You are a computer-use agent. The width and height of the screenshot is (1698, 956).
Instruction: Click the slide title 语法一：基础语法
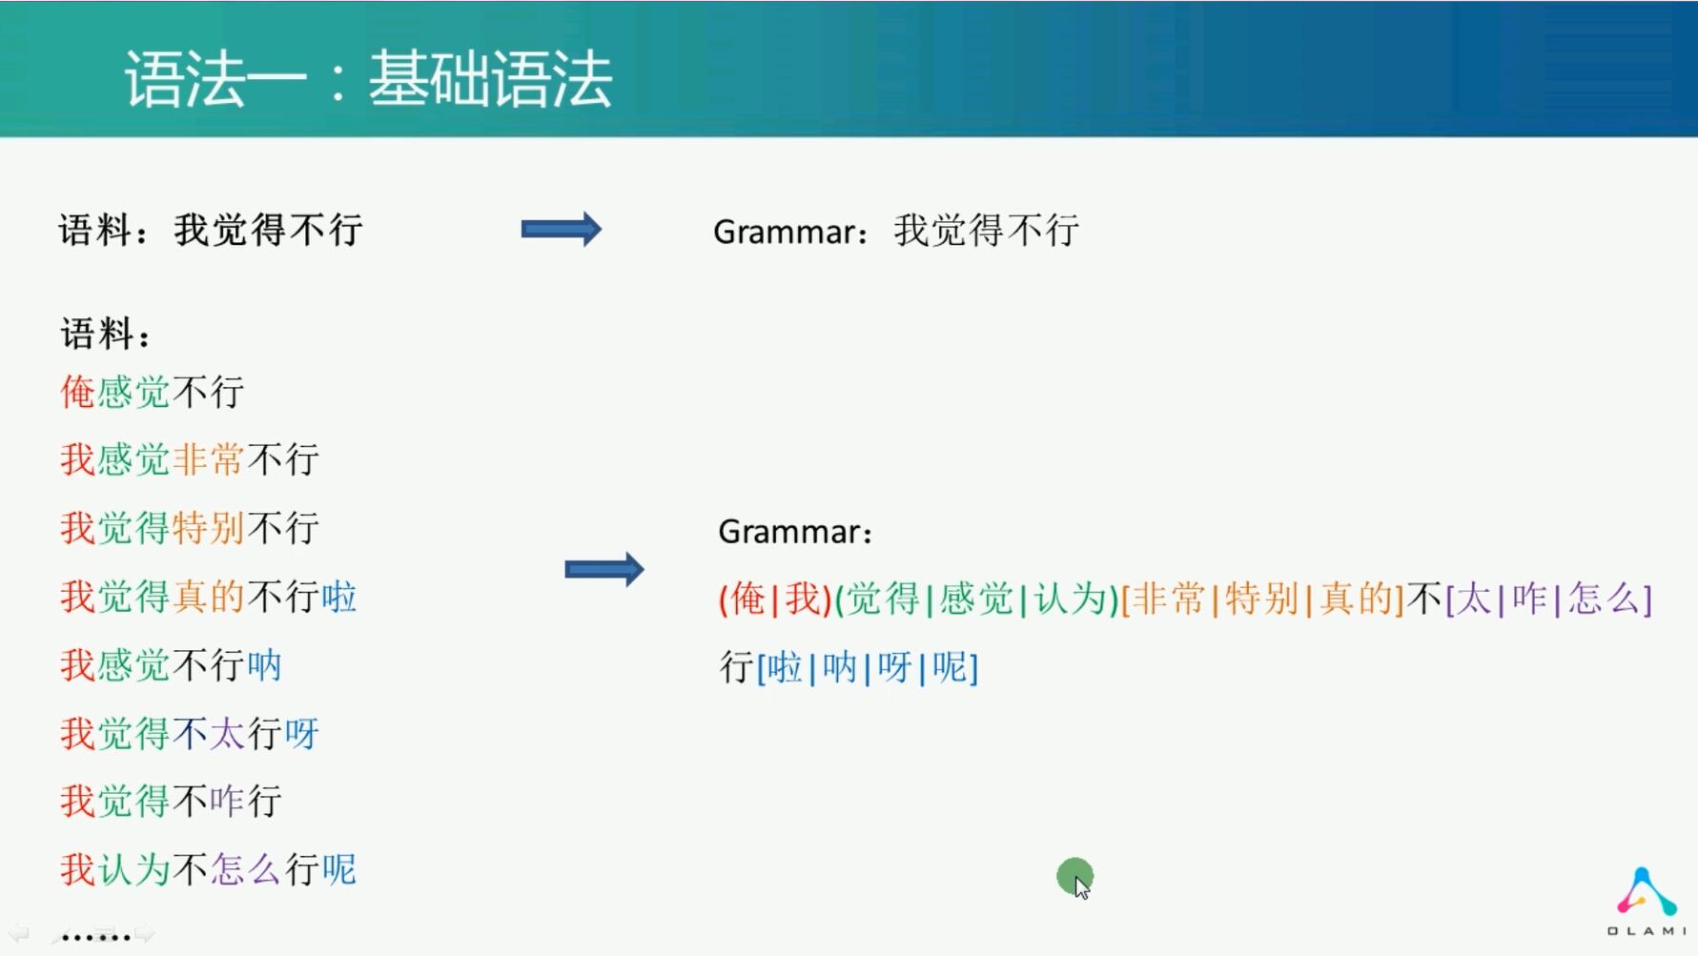coord(368,78)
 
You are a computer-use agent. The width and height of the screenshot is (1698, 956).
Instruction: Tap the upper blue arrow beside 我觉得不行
coord(562,229)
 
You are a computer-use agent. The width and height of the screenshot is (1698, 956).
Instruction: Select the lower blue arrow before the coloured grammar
coord(604,570)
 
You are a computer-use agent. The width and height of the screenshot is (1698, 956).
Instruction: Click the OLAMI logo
coord(1647,901)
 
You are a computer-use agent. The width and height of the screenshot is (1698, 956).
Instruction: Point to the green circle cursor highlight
coord(1074,876)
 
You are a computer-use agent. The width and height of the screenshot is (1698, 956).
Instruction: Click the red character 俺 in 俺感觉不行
coord(77,392)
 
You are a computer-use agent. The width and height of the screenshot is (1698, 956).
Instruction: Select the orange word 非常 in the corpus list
coord(209,459)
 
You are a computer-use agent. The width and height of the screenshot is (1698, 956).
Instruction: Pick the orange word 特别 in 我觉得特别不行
coord(209,528)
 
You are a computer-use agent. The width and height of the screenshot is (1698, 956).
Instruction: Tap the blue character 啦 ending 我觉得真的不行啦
coord(338,597)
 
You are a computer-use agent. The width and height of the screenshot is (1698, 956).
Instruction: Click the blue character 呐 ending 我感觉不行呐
coord(264,665)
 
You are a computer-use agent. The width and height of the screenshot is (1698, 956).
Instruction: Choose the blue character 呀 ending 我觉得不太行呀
coord(301,734)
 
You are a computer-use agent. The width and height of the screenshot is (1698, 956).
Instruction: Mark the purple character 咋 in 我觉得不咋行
coord(227,801)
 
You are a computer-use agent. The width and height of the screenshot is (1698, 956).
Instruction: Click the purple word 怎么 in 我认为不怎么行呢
coord(245,869)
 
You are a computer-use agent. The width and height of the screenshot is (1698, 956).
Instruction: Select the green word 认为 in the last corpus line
coord(133,869)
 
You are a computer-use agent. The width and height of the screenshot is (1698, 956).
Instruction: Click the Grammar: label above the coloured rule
coord(795,532)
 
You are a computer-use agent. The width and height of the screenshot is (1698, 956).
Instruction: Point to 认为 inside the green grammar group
coord(1071,600)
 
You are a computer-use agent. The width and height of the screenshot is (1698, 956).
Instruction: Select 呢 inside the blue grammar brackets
coord(950,667)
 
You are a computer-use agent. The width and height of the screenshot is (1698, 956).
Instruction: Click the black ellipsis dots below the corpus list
coord(95,938)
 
